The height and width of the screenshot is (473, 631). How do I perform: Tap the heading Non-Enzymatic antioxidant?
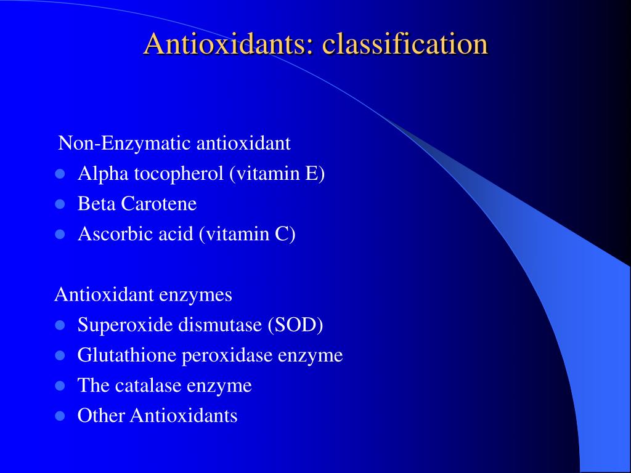pyautogui.click(x=174, y=144)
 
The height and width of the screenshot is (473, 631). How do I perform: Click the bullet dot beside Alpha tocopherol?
pyautogui.click(x=60, y=174)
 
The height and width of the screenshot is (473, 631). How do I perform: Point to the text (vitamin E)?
pyautogui.click(x=277, y=174)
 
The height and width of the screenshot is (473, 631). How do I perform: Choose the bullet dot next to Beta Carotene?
pyautogui.click(x=60, y=204)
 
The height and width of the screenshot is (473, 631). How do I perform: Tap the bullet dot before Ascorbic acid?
pyautogui.click(x=60, y=234)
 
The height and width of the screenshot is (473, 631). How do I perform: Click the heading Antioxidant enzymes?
pyautogui.click(x=143, y=294)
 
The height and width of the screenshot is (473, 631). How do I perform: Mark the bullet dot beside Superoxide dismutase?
pyautogui.click(x=60, y=325)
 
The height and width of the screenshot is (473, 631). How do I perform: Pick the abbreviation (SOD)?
pyautogui.click(x=295, y=325)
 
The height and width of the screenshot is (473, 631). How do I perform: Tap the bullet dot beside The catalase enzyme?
pyautogui.click(x=60, y=386)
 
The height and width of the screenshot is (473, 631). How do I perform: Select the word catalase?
pyautogui.click(x=147, y=386)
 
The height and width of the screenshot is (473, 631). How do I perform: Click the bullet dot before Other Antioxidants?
pyautogui.click(x=60, y=416)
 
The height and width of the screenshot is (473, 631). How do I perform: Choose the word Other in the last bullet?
pyautogui.click(x=102, y=416)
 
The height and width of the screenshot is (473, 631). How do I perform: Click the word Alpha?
pyautogui.click(x=98, y=174)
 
